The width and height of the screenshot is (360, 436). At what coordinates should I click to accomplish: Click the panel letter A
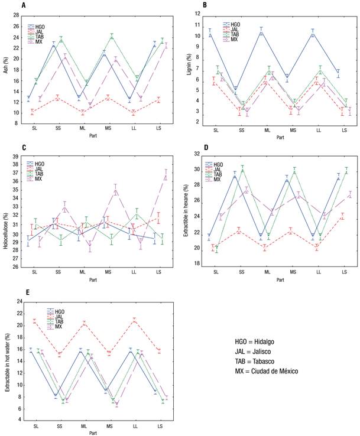[x=23, y=5]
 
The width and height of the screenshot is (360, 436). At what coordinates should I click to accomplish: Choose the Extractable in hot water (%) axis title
[x=7, y=360]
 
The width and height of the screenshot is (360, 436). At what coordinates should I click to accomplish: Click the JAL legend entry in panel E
[x=57, y=316]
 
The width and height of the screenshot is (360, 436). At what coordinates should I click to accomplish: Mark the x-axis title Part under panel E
[x=93, y=432]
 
